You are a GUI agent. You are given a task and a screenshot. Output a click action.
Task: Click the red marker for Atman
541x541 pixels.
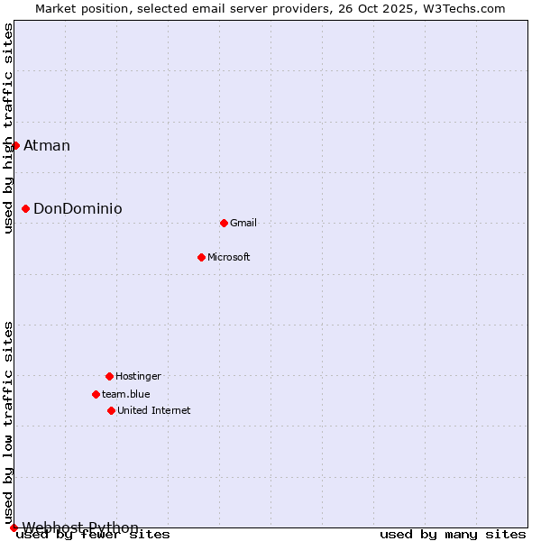pyautogui.click(x=15, y=145)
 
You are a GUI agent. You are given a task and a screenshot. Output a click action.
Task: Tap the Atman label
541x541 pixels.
pyautogui.click(x=47, y=146)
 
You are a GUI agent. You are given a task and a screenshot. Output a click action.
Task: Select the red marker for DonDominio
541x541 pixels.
pyautogui.click(x=25, y=208)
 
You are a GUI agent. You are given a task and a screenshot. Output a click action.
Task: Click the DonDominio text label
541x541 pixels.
pyautogui.click(x=78, y=209)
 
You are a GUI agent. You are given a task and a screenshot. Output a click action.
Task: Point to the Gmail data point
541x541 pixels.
pyautogui.click(x=224, y=223)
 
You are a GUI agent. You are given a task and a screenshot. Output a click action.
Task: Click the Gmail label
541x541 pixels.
pyautogui.click(x=243, y=224)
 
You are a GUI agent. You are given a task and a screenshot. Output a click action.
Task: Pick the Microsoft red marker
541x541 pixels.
pyautogui.click(x=201, y=257)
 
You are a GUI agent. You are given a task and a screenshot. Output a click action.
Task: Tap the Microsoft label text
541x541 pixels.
pyautogui.click(x=229, y=258)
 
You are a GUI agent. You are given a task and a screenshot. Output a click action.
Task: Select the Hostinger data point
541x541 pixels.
pyautogui.click(x=109, y=376)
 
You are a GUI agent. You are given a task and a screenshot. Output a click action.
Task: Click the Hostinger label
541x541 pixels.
pyautogui.click(x=138, y=377)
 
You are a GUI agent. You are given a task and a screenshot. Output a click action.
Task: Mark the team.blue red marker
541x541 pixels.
pyautogui.click(x=96, y=394)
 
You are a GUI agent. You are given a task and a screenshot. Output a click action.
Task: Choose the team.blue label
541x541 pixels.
pyautogui.click(x=126, y=395)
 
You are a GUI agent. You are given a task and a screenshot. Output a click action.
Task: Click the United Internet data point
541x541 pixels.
pyautogui.click(x=111, y=410)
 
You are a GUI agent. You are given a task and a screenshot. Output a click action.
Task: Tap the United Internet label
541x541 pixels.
pyautogui.click(x=154, y=411)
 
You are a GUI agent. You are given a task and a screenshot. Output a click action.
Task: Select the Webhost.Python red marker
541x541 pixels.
pyautogui.click(x=14, y=527)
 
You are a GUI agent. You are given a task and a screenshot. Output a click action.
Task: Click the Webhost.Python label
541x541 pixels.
pyautogui.click(x=81, y=527)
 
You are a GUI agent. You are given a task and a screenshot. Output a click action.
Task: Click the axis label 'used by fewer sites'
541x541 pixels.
pyautogui.click(x=93, y=535)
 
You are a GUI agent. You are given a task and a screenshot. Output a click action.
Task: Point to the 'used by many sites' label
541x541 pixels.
pyautogui.click(x=453, y=535)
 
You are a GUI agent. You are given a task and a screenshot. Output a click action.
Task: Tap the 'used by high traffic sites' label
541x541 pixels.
pyautogui.click(x=9, y=128)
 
